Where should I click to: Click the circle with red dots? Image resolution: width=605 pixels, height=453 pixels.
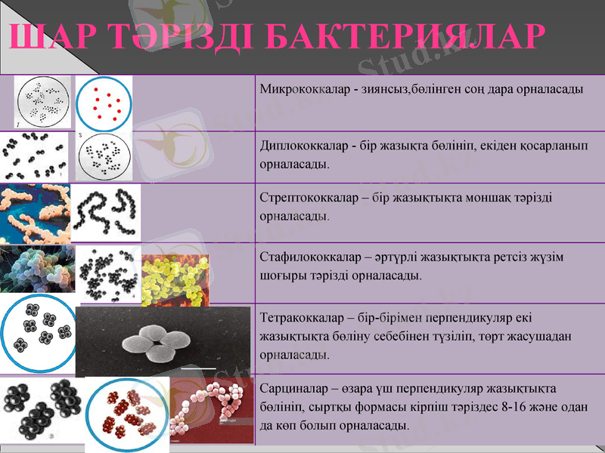[x=104, y=103]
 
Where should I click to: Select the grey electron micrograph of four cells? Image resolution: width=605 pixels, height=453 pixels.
[x=163, y=341]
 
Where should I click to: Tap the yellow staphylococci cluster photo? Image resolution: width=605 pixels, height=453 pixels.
[x=175, y=279]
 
